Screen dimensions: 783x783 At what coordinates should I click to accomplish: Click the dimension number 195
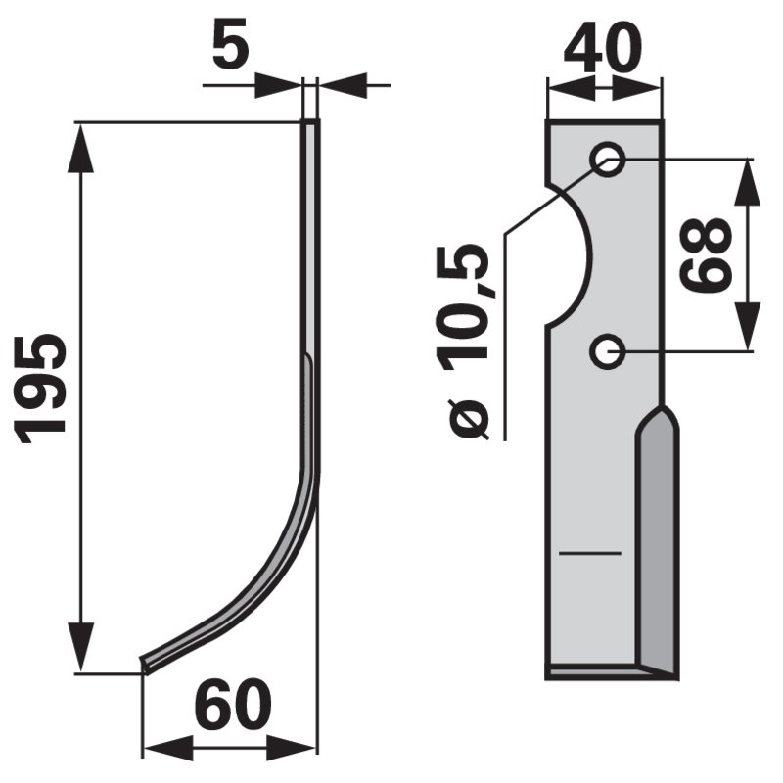click(41, 389)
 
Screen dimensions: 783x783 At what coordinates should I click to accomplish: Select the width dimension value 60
click(232, 704)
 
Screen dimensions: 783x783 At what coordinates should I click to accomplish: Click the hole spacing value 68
click(706, 255)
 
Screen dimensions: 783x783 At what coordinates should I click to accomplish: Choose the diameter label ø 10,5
click(462, 342)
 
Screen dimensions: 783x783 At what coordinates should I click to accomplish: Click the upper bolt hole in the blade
click(607, 160)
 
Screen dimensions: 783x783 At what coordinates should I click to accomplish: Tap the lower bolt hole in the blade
click(607, 352)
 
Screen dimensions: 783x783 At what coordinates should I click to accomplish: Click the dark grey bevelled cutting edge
click(658, 544)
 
